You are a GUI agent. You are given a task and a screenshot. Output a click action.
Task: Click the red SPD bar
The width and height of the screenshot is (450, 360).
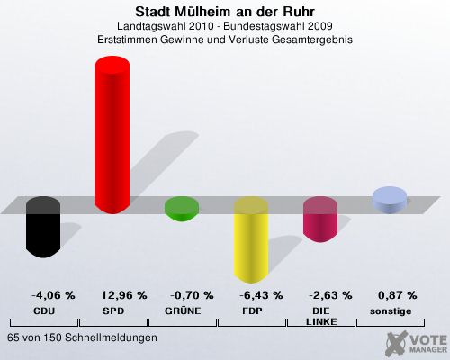[x=112, y=135]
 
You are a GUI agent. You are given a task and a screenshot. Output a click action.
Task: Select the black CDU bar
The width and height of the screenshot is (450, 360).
[x=43, y=227]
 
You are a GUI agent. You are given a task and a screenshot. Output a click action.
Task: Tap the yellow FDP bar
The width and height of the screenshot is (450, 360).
[x=251, y=240]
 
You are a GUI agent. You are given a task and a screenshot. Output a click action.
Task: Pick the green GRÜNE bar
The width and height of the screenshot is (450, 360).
[x=182, y=209]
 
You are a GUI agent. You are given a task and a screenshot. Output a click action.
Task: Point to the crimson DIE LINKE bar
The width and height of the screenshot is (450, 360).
[x=320, y=220]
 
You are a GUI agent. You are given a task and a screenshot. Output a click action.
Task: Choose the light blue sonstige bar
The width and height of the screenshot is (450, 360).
[x=390, y=200]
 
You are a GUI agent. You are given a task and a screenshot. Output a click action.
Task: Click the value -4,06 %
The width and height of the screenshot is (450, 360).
[x=53, y=295]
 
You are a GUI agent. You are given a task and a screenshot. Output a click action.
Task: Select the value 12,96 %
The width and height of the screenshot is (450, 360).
[x=124, y=295]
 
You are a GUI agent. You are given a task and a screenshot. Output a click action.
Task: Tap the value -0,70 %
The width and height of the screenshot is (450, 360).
[x=192, y=295]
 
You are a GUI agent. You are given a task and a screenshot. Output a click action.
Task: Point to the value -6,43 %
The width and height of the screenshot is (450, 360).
[x=261, y=295]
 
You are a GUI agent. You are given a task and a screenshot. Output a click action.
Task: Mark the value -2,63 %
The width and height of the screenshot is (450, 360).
[x=330, y=295]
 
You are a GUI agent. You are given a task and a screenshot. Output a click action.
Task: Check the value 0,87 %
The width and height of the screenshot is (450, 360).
[x=398, y=295]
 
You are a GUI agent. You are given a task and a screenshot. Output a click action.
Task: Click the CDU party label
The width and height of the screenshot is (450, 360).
[x=44, y=311]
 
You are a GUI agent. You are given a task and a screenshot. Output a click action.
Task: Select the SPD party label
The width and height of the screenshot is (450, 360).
[x=113, y=311]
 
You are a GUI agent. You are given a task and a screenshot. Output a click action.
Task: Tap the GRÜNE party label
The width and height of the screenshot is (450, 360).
[x=183, y=310]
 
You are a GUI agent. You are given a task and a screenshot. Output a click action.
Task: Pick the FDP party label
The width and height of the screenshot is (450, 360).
[x=252, y=311]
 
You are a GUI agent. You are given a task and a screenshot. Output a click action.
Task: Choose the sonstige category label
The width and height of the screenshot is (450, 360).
[x=391, y=311]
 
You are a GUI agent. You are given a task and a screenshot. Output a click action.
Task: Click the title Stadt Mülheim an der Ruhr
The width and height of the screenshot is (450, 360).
[x=225, y=12]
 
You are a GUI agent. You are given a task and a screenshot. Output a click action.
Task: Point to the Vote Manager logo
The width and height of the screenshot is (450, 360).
[x=416, y=343]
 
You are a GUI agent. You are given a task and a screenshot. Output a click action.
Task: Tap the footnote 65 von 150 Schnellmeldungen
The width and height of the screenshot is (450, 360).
[x=82, y=337]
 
